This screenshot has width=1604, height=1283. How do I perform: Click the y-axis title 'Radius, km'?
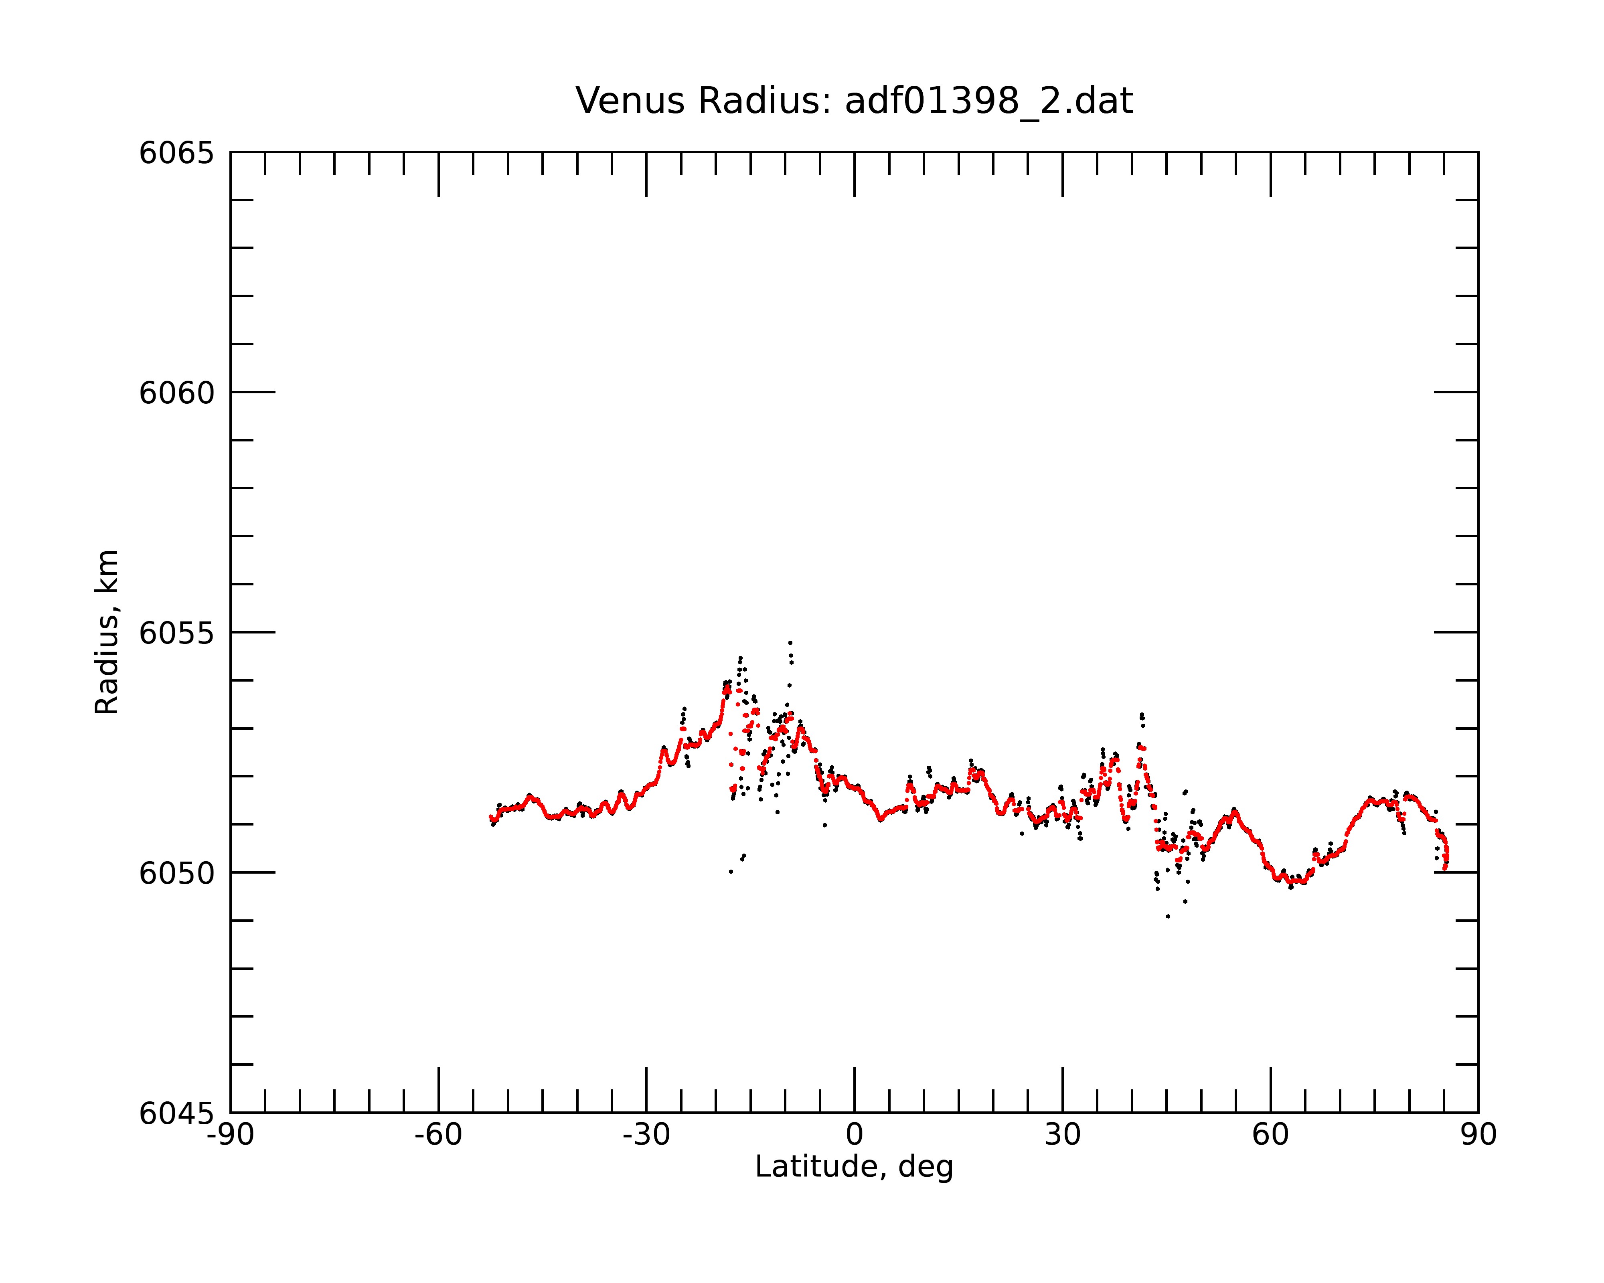point(106,632)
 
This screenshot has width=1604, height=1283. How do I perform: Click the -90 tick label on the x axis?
point(231,1135)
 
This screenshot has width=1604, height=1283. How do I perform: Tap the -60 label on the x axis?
point(438,1135)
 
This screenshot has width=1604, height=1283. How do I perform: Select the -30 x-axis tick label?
point(646,1135)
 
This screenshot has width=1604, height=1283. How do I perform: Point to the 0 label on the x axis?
point(854,1135)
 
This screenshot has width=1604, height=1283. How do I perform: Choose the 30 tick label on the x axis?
point(1062,1135)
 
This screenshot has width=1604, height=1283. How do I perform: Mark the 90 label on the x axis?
point(1478,1135)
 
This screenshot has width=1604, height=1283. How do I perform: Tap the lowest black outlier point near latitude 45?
point(1168,916)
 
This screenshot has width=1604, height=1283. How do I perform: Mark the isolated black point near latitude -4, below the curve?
point(824,825)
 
